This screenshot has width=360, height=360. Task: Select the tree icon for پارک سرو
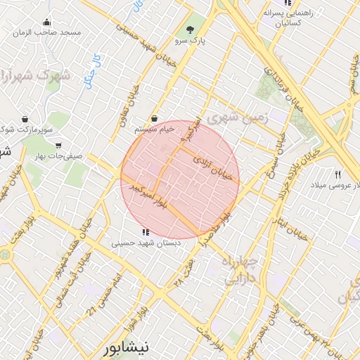tap(191, 30)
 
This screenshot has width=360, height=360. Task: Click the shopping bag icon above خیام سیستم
tap(153, 119)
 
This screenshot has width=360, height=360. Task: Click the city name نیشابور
tap(126, 347)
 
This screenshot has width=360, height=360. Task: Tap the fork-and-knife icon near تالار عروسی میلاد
tap(338, 174)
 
